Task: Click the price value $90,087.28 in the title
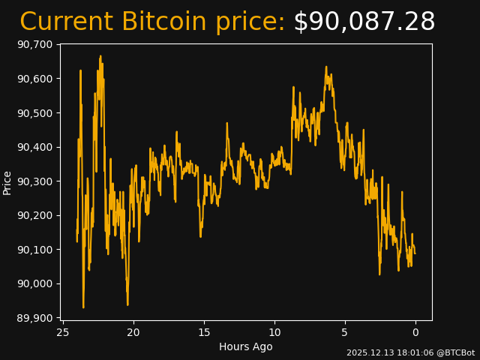(x=364, y=22)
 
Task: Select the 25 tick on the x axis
(x=63, y=332)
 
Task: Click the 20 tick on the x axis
(x=133, y=332)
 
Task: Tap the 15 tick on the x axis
(x=204, y=332)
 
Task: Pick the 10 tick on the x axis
(x=274, y=332)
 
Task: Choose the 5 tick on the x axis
(x=345, y=332)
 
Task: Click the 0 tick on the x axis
(x=415, y=332)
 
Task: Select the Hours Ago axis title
(x=246, y=346)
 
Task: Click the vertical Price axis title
(x=7, y=182)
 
